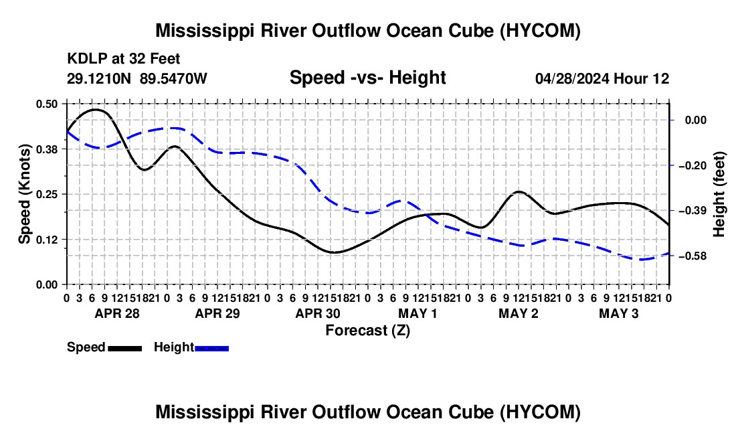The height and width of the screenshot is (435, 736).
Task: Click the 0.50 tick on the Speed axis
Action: point(47,104)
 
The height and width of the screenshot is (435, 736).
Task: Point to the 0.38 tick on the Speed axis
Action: point(47,149)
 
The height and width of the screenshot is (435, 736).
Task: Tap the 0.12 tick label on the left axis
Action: point(47,240)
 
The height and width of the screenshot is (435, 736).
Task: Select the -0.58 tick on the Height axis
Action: point(695,256)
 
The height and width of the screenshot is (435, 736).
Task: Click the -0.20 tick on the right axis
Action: point(695,166)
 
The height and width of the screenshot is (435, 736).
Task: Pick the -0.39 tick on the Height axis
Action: point(695,211)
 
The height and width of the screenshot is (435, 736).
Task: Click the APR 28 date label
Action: point(117,313)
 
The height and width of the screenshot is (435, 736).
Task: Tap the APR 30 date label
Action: point(317,313)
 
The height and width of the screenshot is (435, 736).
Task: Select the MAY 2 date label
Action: point(518,313)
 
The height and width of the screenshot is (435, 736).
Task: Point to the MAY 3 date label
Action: point(619,313)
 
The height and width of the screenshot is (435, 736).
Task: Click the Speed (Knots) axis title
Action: point(24,194)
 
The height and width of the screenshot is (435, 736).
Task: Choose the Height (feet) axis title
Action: point(719,194)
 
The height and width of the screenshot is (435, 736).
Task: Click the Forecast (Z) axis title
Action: point(367,331)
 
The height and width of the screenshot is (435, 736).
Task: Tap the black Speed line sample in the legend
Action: point(124,348)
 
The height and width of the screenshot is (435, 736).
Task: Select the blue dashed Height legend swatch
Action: point(211,348)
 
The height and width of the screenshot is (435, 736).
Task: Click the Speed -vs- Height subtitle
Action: point(367,78)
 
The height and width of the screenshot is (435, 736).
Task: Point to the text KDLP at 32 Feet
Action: point(124,59)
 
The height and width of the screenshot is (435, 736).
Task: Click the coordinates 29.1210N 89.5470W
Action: point(136,78)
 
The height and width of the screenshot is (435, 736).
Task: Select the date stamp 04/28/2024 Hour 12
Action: point(602,78)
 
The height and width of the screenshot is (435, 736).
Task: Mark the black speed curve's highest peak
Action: point(95,109)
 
